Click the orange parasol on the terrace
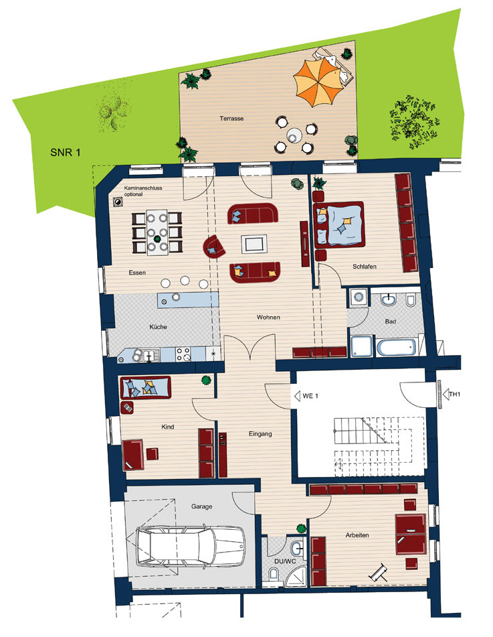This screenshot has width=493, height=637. [316, 83]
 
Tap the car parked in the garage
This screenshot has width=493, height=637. [191, 546]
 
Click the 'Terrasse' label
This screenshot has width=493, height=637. [231, 119]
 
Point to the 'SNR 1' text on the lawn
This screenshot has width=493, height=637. [66, 152]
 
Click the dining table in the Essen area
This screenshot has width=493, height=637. [157, 232]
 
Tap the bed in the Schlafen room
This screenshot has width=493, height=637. [339, 224]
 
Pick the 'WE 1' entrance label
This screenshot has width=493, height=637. [310, 396]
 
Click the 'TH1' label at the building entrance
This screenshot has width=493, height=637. [454, 394]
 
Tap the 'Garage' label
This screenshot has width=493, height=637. [201, 506]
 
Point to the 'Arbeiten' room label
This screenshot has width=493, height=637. [357, 535]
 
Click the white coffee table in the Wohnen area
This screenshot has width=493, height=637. [254, 244]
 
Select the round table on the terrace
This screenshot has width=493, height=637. [294, 135]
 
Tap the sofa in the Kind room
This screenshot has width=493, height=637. [145, 388]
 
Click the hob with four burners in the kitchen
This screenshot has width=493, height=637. [183, 354]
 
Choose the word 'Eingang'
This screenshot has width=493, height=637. [260, 434]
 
